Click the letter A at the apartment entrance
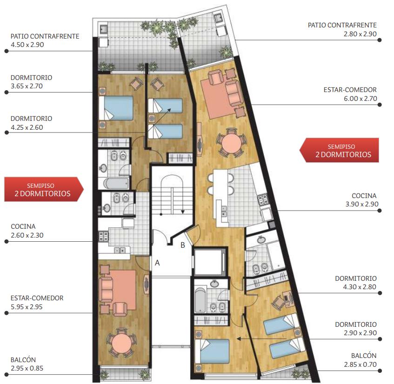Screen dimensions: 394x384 click(157, 263)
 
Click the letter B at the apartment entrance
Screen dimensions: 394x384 click(183, 245)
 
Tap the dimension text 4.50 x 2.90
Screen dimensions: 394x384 click(27, 45)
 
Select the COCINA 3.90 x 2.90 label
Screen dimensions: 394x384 click(362, 200)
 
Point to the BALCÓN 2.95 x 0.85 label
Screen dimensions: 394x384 click(27, 364)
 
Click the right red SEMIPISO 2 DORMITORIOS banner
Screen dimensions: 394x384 click(340, 150)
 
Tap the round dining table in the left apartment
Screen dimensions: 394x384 click(121, 343)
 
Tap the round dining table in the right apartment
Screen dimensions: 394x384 click(231, 143)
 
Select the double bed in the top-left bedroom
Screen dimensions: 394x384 click(116, 108)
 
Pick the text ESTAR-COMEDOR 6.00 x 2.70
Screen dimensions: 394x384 click(350, 94)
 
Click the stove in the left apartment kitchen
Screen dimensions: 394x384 click(104, 236)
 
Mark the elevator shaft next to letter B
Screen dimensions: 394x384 click(208, 262)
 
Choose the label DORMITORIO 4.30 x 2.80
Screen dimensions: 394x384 click(356, 283)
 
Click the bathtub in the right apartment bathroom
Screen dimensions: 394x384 click(200, 300)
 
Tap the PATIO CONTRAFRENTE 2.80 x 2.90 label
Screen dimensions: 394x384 click(342, 30)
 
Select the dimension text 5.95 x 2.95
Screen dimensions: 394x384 click(27, 307)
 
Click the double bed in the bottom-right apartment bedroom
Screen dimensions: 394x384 click(212, 351)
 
